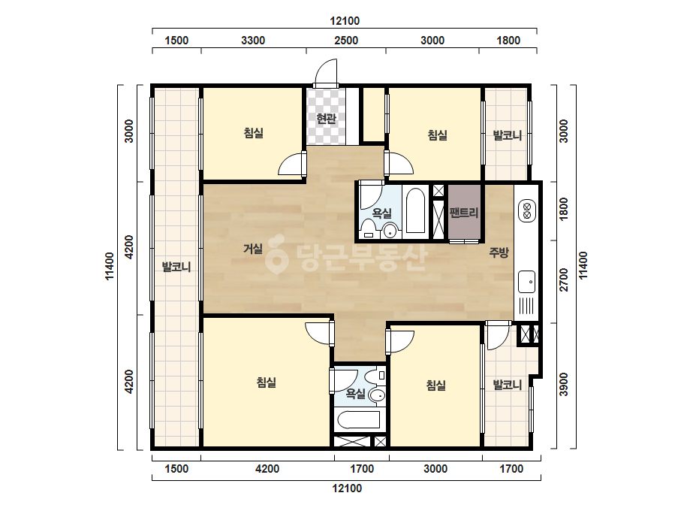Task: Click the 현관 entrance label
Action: tap(327, 118)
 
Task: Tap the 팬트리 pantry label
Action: tap(464, 213)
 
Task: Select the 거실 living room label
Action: tap(253, 249)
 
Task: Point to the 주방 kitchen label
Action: tap(499, 252)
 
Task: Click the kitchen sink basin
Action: tap(526, 282)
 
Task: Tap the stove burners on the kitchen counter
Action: tap(527, 210)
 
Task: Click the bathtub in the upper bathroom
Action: tap(415, 210)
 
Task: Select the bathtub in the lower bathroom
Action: tap(357, 420)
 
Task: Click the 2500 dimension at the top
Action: tap(346, 41)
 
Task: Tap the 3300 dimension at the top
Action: tap(253, 41)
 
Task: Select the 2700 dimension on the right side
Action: tap(565, 280)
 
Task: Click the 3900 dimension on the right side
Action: tap(565, 385)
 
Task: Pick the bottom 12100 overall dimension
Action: tap(348, 488)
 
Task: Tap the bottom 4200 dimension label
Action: tap(267, 469)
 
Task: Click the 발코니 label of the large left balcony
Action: tap(176, 267)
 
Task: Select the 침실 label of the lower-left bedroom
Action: tap(267, 382)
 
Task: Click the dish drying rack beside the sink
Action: tap(526, 306)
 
